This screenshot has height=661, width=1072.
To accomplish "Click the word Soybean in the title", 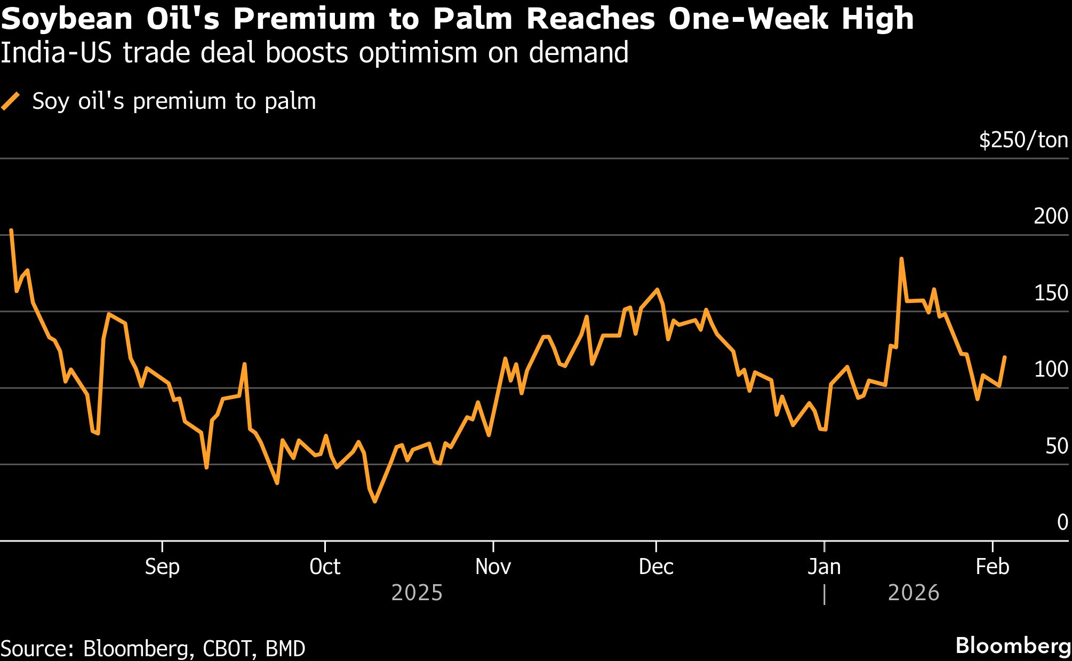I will pyautogui.click(x=67, y=19).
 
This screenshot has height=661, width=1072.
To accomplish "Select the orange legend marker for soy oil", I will pyautogui.click(x=11, y=101).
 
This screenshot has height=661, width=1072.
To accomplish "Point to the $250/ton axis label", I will pyautogui.click(x=1023, y=140).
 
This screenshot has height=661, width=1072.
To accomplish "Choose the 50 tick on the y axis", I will pyautogui.click(x=1057, y=446).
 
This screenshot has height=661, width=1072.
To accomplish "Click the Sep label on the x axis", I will pyautogui.click(x=162, y=567).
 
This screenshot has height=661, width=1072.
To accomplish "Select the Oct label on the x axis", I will pyautogui.click(x=325, y=567).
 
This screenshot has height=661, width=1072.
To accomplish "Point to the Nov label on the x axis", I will pyautogui.click(x=493, y=567).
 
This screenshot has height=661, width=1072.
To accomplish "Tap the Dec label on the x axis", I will pyautogui.click(x=656, y=567).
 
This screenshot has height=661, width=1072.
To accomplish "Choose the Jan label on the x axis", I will pyautogui.click(x=824, y=567).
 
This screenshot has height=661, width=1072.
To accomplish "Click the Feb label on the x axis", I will pyautogui.click(x=992, y=567).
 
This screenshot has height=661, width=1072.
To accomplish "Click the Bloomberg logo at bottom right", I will pyautogui.click(x=1013, y=646).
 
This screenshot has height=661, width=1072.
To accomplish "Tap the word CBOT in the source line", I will pyautogui.click(x=227, y=649).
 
